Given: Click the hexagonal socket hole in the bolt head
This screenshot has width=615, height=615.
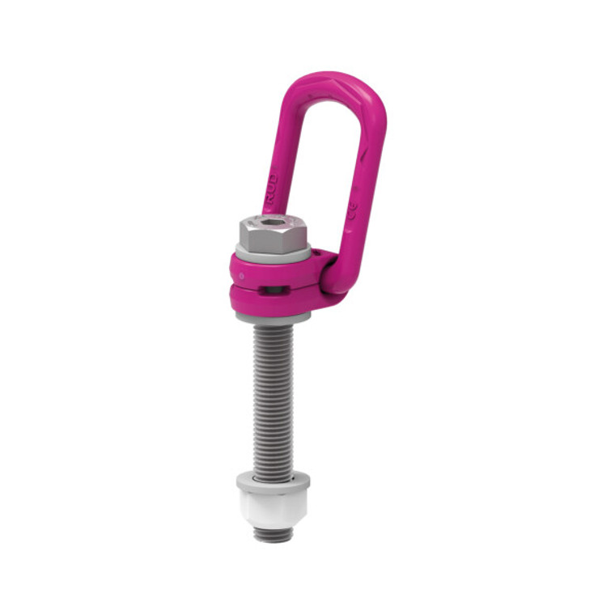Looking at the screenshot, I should click(x=272, y=220).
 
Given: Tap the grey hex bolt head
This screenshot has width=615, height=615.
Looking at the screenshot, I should click(x=272, y=235).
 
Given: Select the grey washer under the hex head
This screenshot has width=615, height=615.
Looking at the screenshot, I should click(x=273, y=253).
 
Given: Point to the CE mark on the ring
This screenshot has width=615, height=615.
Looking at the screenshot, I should click(x=354, y=213).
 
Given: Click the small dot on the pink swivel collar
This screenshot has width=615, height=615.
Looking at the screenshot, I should click(x=240, y=272).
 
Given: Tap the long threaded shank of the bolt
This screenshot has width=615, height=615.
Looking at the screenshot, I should click(x=272, y=397).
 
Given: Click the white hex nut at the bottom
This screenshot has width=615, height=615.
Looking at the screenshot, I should click(x=272, y=507).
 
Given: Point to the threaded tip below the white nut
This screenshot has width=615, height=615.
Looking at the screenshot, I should click(x=272, y=534).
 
